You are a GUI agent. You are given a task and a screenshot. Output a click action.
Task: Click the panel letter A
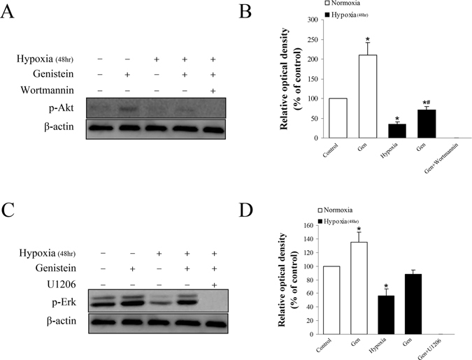[8, 13]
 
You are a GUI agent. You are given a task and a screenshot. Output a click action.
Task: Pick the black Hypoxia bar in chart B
[397, 131]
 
